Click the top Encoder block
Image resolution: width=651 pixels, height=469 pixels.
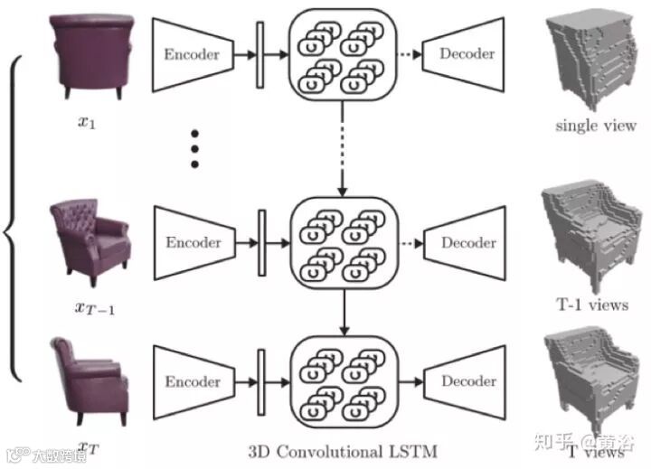click(x=191, y=54)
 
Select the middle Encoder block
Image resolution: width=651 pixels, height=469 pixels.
click(x=191, y=243)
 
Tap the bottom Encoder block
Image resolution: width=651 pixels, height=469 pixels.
click(x=191, y=381)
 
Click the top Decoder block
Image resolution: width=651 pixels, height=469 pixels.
click(x=466, y=54)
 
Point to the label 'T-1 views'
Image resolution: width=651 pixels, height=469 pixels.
click(x=592, y=305)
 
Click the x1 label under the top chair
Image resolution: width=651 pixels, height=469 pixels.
click(x=87, y=119)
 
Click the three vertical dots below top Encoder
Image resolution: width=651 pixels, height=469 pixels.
click(x=193, y=148)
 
